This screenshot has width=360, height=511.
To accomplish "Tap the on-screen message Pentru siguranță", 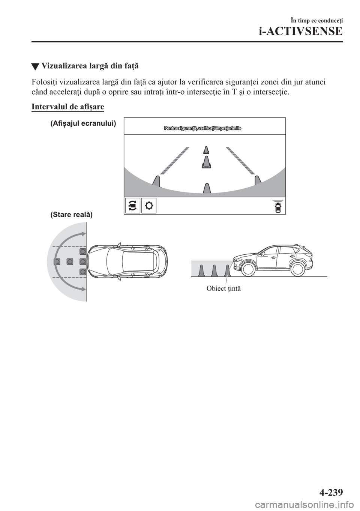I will tap(202, 128).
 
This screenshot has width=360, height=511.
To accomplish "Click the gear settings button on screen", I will tap(149, 206).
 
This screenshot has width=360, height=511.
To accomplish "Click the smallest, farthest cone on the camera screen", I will tap(205, 150).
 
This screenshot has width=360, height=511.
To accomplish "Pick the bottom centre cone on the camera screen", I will tap(206, 188).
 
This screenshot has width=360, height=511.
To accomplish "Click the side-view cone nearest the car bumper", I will tap(227, 270).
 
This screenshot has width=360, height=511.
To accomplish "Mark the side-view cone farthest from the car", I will tap(201, 270).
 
